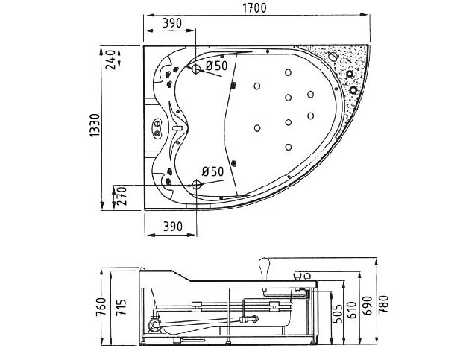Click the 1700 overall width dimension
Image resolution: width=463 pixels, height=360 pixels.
click(x=254, y=8)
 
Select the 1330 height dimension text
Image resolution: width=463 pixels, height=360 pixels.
click(x=95, y=125)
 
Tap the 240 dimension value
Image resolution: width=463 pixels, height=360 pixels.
click(x=110, y=60)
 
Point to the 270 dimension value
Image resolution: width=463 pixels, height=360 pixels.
click(x=122, y=196)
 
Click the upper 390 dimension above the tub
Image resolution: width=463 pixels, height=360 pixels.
click(x=172, y=23)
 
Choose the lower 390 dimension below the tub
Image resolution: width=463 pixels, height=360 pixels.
click(x=173, y=227)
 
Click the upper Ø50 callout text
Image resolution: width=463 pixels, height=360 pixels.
click(x=217, y=66)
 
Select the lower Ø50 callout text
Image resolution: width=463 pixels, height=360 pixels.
click(x=213, y=171)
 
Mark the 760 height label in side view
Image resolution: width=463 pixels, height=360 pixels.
click(x=101, y=306)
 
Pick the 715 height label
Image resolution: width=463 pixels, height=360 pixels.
click(x=121, y=307)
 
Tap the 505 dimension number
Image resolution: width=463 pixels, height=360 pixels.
click(x=338, y=314)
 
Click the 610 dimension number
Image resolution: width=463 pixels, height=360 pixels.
click(x=351, y=310)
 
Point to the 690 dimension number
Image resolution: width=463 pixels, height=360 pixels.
click(x=368, y=306)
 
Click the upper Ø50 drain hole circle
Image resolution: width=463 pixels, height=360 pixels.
click(x=196, y=69)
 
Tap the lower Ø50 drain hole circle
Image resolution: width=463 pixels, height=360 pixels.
click(x=196, y=185)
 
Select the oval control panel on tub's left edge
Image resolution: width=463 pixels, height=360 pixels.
click(x=157, y=127)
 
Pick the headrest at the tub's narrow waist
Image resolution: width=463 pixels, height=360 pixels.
click(x=178, y=128)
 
